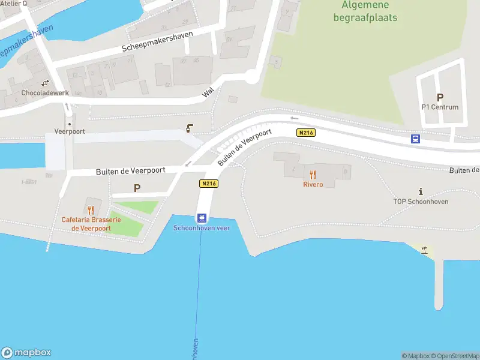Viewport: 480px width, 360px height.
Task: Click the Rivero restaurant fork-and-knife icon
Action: [x=313, y=175]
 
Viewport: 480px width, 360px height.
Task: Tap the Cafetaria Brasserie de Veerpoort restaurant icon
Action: [x=91, y=210]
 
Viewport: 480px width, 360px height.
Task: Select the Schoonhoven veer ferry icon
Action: [x=203, y=218]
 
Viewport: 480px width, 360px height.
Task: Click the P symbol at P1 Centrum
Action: [x=440, y=97]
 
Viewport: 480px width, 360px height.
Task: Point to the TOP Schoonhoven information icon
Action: [x=421, y=191]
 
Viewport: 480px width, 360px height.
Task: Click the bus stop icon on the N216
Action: [x=415, y=139]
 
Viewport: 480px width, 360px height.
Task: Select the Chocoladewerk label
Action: [x=45, y=94]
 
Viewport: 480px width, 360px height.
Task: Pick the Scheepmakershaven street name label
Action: [x=157, y=41]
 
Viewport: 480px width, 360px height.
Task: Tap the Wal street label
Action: [x=208, y=92]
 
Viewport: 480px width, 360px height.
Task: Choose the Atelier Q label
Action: [x=14, y=4]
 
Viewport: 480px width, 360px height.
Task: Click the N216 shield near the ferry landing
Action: [x=208, y=183]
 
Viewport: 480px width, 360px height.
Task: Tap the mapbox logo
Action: [x=26, y=353]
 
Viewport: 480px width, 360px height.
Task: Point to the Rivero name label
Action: [x=313, y=184]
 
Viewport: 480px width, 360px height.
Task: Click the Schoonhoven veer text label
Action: [x=202, y=228]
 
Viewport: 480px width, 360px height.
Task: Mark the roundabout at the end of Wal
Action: [x=252, y=76]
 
